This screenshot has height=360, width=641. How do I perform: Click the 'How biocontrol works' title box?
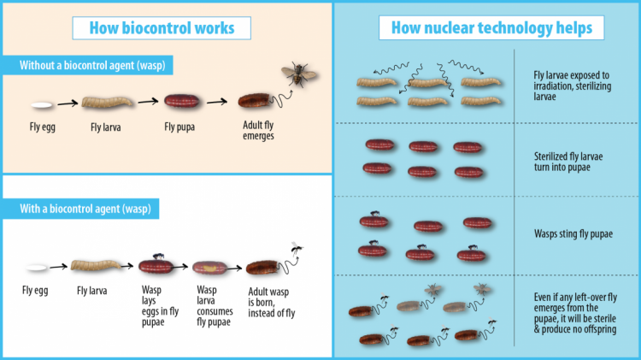click(x=162, y=28)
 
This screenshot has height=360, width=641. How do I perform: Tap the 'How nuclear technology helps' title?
click(x=491, y=28)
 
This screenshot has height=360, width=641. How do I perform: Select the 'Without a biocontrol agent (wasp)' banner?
click(x=88, y=66)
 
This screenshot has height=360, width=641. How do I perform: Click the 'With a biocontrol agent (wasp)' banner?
click(x=81, y=209)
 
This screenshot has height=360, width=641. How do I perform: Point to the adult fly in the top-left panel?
click(x=299, y=74)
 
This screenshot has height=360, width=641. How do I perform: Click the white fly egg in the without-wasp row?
click(x=42, y=105)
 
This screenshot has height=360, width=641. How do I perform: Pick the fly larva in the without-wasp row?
click(x=107, y=102)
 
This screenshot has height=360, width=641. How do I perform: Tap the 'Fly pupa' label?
click(x=179, y=127)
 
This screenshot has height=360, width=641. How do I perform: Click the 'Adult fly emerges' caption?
click(x=258, y=130)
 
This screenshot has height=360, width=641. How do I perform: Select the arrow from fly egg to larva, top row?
click(x=68, y=103)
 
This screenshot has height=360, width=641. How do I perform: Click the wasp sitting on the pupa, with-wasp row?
click(x=158, y=257)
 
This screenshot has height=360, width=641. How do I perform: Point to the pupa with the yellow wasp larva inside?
click(x=209, y=269)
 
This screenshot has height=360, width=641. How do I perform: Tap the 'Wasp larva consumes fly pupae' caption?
click(x=215, y=306)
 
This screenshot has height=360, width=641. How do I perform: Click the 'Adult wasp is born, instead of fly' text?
click(x=272, y=303)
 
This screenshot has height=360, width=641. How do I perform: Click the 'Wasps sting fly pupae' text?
click(x=573, y=234)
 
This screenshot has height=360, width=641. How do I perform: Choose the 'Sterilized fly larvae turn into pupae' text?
click(x=568, y=162)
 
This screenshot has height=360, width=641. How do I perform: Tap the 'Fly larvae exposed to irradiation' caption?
click(x=573, y=86)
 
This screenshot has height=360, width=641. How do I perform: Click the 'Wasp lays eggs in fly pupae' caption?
click(x=161, y=306)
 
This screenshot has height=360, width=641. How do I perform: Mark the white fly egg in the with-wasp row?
click(x=37, y=268)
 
